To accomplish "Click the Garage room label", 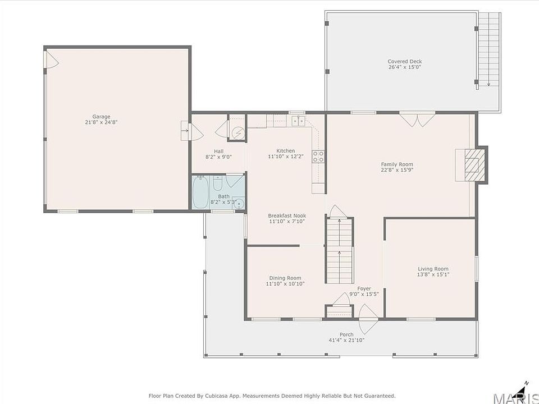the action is click(x=101, y=117).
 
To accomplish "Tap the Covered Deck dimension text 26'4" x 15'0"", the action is click(x=405, y=67).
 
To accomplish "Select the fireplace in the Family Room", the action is click(x=472, y=165).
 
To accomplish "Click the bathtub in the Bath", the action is click(x=200, y=192).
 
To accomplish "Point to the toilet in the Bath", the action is click(x=218, y=183).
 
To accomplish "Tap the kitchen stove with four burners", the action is click(x=318, y=157).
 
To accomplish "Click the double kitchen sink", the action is click(x=298, y=121).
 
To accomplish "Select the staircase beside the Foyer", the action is click(x=339, y=250).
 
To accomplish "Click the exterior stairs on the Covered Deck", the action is click(x=488, y=49).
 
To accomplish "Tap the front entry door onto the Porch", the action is click(x=368, y=319).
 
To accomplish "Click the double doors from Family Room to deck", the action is click(x=417, y=120).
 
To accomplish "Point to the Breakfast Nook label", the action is click(x=287, y=215).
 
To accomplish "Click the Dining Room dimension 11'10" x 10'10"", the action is click(x=285, y=284).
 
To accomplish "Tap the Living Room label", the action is click(x=433, y=269).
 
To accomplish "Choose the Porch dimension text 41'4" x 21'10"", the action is click(x=346, y=341).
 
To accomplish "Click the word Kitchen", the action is click(x=286, y=151).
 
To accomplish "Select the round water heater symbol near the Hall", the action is click(x=238, y=132).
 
